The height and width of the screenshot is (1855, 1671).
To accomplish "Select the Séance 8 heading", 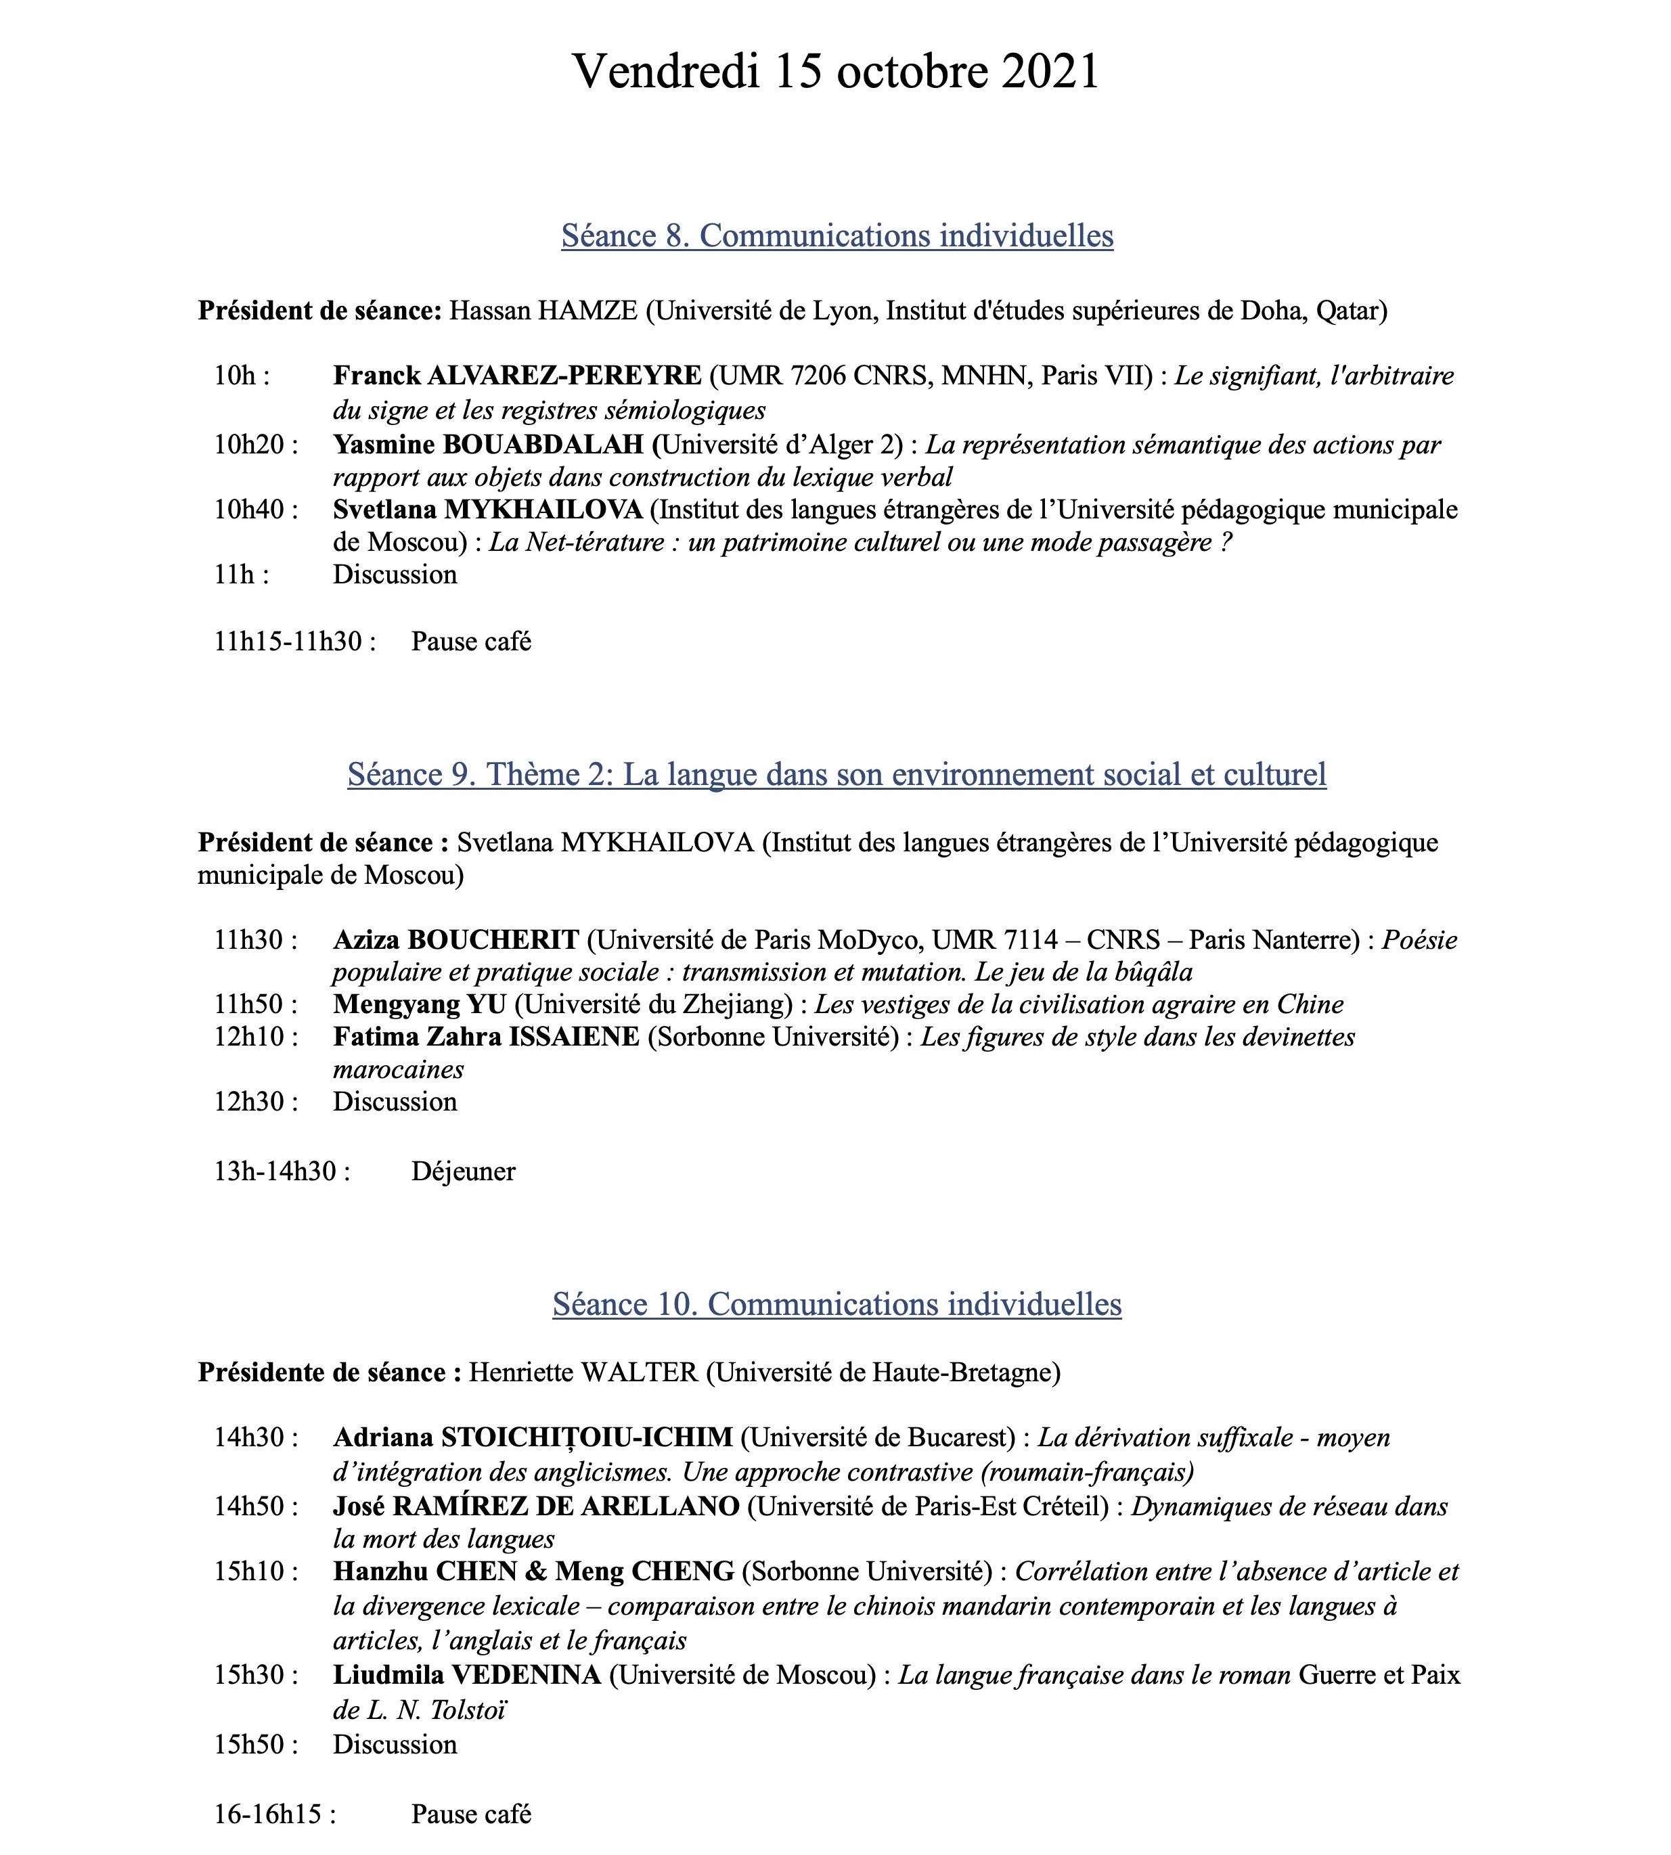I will pyautogui.click(x=837, y=236).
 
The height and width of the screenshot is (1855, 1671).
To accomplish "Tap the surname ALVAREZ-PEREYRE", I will pyautogui.click(x=564, y=376).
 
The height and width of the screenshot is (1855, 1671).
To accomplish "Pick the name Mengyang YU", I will pyautogui.click(x=420, y=1004).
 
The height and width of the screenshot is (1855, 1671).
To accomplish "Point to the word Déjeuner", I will pyautogui.click(x=463, y=1171).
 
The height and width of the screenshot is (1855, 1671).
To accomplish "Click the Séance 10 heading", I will pyautogui.click(x=837, y=1303).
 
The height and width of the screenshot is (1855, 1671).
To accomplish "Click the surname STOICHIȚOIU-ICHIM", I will pyautogui.click(x=587, y=1437).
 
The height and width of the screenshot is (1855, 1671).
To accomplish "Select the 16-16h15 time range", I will pyautogui.click(x=273, y=1814).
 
